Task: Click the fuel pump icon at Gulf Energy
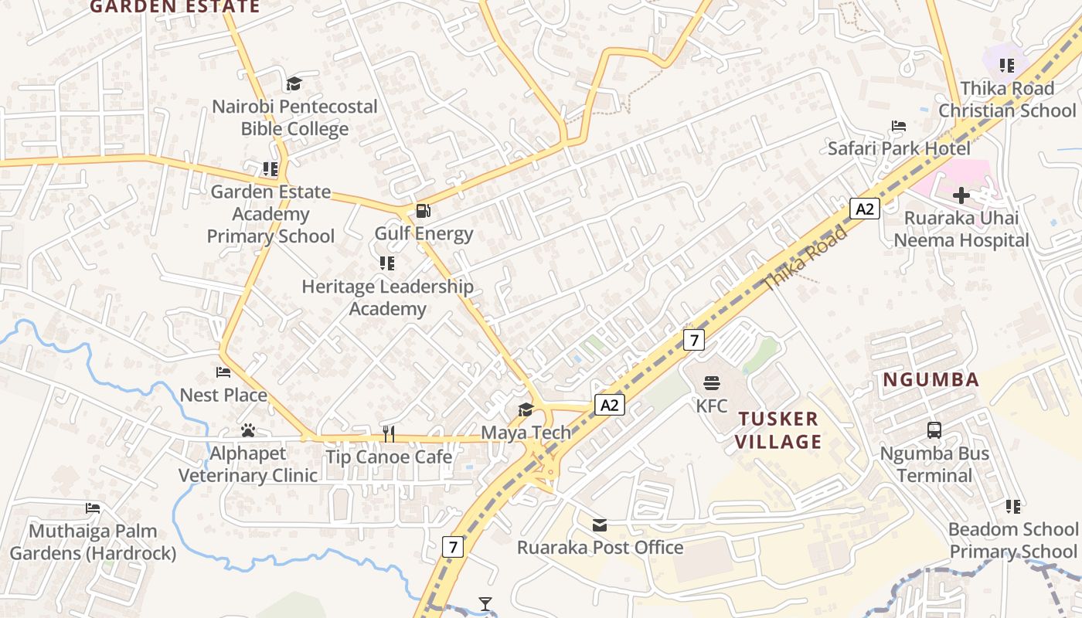click(423, 211)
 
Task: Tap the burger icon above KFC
click(712, 383)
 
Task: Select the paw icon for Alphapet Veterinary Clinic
click(248, 430)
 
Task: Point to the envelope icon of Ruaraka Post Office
click(600, 525)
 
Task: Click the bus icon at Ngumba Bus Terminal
click(934, 430)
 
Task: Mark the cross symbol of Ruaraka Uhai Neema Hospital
click(961, 195)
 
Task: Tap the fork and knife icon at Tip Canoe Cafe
click(389, 434)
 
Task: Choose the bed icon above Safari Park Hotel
click(898, 126)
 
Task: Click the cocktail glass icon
click(485, 603)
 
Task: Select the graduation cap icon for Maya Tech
click(526, 409)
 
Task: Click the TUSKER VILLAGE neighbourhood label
click(778, 430)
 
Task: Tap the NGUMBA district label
click(931, 379)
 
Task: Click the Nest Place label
click(223, 396)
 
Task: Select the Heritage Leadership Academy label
click(387, 297)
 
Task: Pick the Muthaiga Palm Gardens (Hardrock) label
click(93, 542)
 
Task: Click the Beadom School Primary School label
click(1013, 540)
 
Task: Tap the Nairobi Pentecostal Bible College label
click(294, 117)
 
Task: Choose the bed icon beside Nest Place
click(223, 372)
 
